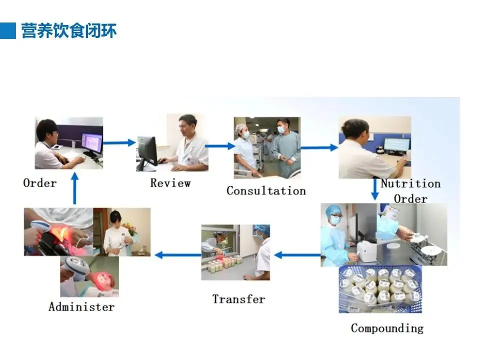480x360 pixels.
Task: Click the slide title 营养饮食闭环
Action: coord(69,30)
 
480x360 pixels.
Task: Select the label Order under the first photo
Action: coord(40,182)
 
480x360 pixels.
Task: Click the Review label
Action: coord(170,182)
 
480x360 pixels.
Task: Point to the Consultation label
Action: coord(266,190)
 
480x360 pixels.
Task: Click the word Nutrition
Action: coord(410,183)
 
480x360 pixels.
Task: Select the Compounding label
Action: coord(387,328)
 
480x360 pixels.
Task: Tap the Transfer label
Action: coord(238,299)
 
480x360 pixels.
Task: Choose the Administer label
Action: coord(81,306)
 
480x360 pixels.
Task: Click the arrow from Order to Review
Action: coord(119,143)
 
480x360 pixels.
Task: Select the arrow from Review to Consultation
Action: coord(220,146)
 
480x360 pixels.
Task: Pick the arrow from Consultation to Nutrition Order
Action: coord(319,147)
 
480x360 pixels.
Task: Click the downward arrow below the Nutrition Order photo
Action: coord(374,190)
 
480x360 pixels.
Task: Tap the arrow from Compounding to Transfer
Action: coord(297,255)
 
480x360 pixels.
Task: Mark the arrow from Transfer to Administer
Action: coord(177,255)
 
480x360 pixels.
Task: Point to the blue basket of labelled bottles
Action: coord(380,289)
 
